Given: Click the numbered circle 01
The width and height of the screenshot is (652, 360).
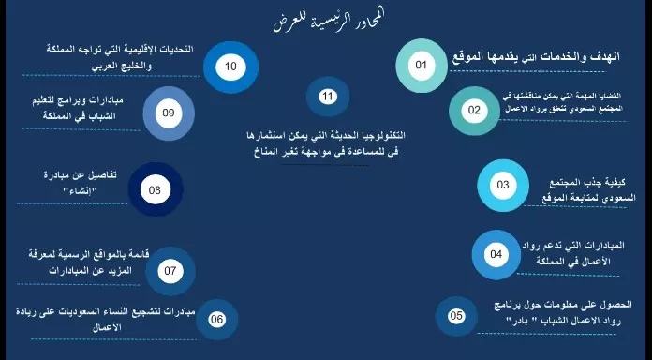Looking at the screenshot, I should click(421, 65).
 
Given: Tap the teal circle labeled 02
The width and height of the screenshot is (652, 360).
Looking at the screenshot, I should click(474, 111).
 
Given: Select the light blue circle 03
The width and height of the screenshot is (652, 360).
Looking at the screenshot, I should click(503, 185).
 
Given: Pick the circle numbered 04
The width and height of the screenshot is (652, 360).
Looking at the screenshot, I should click(496, 254).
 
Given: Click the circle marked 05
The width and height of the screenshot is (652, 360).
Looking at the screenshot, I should click(456, 316).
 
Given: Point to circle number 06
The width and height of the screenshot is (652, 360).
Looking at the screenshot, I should click(217, 320).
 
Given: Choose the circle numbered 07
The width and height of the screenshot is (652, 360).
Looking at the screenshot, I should click(170, 272).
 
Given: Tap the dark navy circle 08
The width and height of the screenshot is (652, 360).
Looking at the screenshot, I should click(155, 190).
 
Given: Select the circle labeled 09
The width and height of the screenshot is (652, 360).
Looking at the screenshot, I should click(169, 112).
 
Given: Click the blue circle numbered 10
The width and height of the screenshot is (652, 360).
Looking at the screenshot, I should click(230, 67).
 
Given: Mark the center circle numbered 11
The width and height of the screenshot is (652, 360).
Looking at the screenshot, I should click(327, 97).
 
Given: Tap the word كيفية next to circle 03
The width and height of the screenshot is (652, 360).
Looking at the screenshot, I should click(626, 181).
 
